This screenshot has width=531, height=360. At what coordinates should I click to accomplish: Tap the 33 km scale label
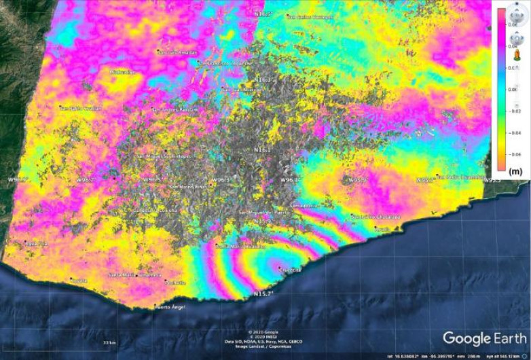click(x=107, y=342)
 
